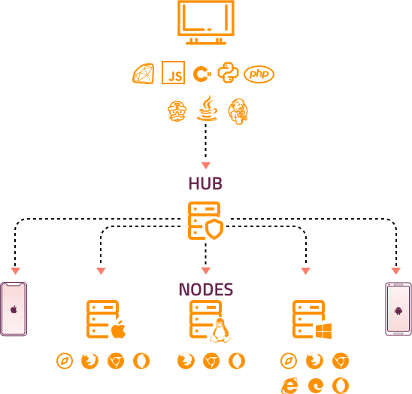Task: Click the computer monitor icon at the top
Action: point(205,22)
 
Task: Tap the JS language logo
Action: point(174,74)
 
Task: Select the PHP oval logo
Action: point(259,74)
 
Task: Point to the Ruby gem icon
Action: point(143,74)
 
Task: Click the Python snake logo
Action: point(228,73)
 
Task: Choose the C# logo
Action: point(201,74)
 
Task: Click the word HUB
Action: point(205,183)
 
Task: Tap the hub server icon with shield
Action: point(205,221)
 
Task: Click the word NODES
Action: point(205,289)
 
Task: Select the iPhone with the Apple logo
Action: point(14,309)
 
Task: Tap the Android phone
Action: point(398,309)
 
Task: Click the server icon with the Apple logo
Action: point(105,320)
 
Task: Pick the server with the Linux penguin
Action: point(208,320)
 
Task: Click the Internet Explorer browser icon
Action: point(289,385)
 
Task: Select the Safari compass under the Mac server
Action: point(65,361)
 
